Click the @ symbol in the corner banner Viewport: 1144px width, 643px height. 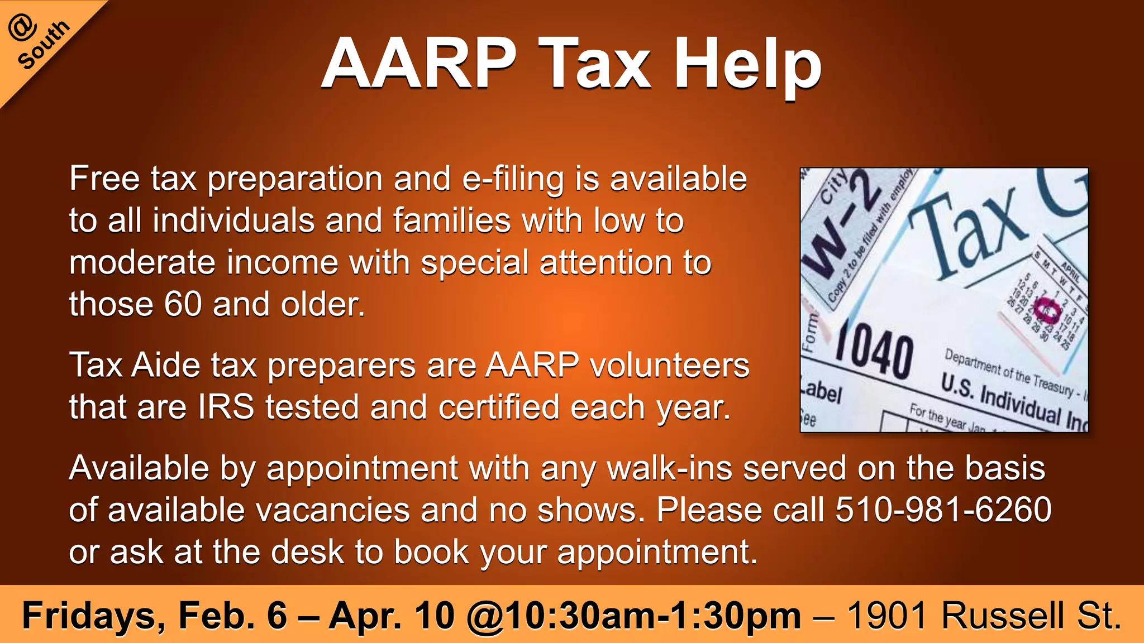point(23,27)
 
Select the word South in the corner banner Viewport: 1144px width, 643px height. point(44,45)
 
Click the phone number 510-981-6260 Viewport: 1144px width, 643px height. point(943,509)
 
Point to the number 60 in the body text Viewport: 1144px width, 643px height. point(183,304)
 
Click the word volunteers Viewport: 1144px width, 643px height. point(669,365)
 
